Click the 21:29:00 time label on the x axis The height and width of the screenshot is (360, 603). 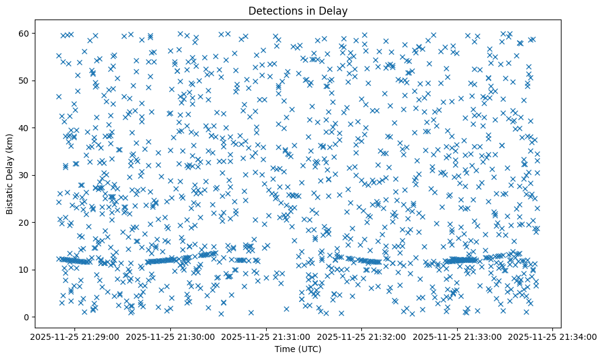[x=76, y=337]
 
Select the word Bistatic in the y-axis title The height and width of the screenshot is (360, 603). [x=10, y=193]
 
